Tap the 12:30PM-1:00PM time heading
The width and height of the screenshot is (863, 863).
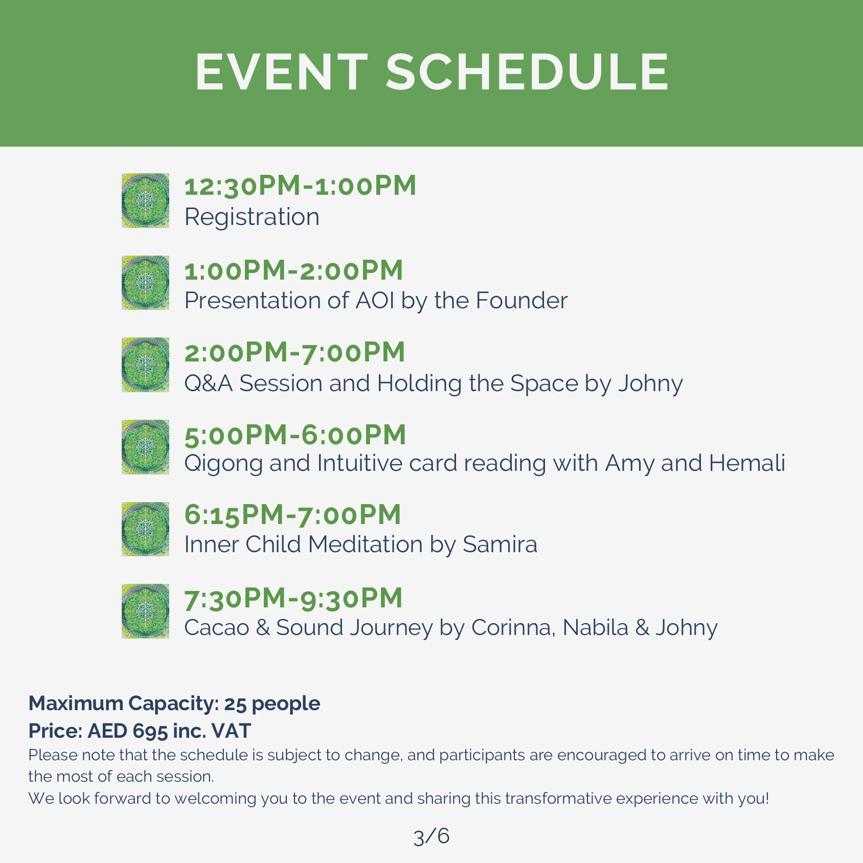(300, 186)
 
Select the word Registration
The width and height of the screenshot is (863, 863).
(252, 217)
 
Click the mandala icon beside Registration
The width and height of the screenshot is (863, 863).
(145, 200)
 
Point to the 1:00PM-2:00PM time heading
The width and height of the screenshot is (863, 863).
(293, 270)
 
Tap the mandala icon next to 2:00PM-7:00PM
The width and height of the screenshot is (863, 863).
(145, 365)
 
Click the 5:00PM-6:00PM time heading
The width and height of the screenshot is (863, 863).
(295, 435)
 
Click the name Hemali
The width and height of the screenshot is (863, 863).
(747, 463)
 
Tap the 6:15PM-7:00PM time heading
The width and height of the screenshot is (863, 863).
(292, 515)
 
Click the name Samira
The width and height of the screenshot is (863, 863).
(500, 544)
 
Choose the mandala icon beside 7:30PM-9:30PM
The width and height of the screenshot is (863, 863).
(145, 611)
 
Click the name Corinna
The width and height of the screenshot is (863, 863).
(513, 628)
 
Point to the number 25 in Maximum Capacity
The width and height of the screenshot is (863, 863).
(235, 704)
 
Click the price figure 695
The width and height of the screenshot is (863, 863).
(150, 732)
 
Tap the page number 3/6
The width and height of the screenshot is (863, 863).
(432, 836)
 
